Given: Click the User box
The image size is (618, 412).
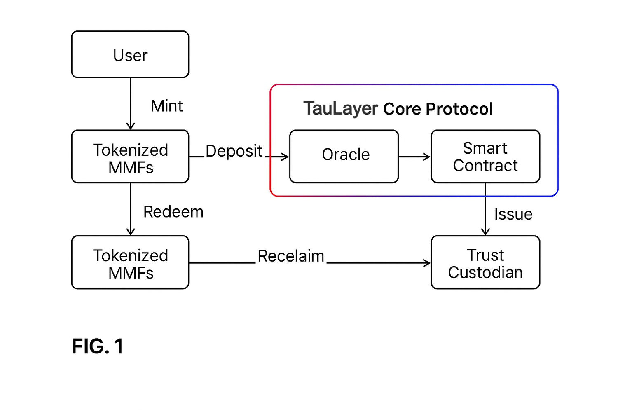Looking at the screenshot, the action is point(130,54).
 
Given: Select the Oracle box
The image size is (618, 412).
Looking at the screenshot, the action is point(344,157).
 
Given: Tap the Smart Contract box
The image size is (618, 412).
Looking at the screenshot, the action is point(485,157).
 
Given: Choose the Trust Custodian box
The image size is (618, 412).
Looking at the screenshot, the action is point(485,262).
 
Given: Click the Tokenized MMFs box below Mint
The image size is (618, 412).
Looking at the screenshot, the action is point(130,157).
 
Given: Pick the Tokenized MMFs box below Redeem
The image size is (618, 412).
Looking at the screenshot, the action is point(130,262).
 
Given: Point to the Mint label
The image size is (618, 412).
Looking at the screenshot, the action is point(166,106).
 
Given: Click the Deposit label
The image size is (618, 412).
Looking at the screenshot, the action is point(234,152).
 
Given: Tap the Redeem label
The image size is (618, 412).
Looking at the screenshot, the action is point(173,212).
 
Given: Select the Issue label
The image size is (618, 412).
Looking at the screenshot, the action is point(513,214).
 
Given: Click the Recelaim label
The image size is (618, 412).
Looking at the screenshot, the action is point(291,256).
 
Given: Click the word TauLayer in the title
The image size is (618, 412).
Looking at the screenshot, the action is point(341,108).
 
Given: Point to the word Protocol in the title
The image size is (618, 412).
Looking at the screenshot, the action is point(459,109).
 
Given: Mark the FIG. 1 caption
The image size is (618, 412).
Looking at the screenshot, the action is point(98,346).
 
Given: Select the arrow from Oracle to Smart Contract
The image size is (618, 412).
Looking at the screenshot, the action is point(414,157).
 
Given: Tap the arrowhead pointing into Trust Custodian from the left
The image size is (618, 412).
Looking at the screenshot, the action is point(426,263).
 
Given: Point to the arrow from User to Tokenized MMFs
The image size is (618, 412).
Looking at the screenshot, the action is point(131,104).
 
